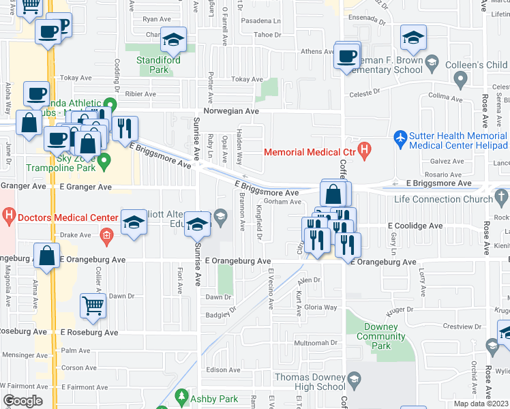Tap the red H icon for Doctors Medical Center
coord(8,217)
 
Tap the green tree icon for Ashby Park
coord(182,395)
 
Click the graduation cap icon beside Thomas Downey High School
coord(354,379)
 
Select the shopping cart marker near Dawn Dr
coord(93,306)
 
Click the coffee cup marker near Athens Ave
coord(346,56)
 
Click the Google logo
coord(22,401)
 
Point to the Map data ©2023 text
coord(480,404)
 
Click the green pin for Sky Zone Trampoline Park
coord(104,162)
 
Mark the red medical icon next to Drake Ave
coord(106,236)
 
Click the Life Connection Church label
coord(443,199)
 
